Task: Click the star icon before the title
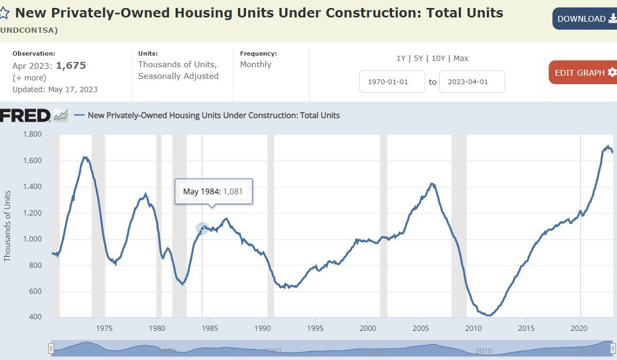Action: tap(5, 13)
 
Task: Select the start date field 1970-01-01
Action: tap(392, 82)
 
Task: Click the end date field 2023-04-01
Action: tap(472, 82)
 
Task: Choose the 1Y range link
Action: tap(401, 58)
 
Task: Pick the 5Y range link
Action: tap(419, 58)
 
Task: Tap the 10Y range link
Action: tap(438, 58)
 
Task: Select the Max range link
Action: tap(461, 58)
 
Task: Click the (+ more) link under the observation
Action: tap(30, 78)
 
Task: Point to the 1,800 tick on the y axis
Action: tap(32, 134)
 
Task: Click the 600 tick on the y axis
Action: tap(35, 291)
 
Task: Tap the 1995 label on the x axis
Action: tap(315, 328)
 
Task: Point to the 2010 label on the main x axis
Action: tap(474, 328)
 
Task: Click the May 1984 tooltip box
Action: tap(213, 191)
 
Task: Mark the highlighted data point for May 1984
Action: tap(202, 229)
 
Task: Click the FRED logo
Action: tap(25, 115)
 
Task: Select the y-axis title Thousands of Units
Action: tap(7, 226)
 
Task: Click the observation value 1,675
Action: tap(71, 66)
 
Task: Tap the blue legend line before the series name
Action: tap(79, 115)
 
